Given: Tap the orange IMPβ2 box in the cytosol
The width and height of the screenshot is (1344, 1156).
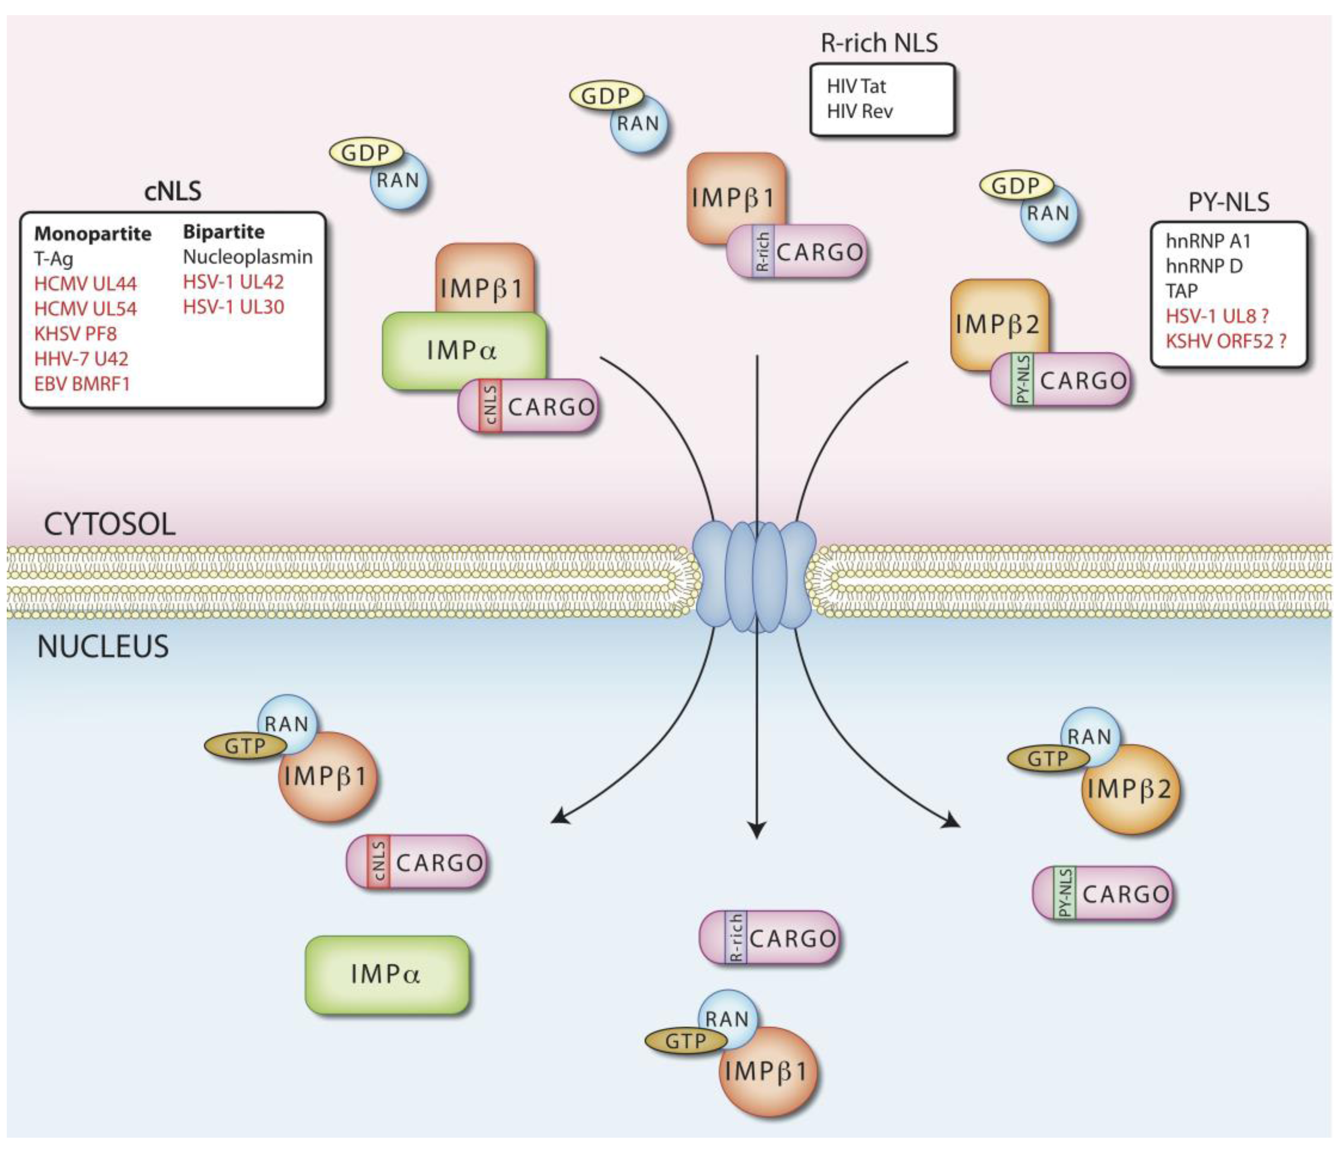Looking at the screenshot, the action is point(998,323).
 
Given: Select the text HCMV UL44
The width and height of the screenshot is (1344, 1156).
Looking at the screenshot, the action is point(85,284).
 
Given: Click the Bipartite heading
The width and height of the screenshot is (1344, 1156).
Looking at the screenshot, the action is point(224,232).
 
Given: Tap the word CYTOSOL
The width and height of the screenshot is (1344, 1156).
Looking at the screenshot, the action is point(110,524).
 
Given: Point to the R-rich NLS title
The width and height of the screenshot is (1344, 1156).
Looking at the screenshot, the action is point(880,43).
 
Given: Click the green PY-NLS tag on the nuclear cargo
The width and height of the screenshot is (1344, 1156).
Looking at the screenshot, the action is point(1064,893).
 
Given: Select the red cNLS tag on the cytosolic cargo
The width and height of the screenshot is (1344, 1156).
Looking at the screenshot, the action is point(490,405).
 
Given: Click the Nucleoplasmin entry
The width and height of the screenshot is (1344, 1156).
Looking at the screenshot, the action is point(248,257).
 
